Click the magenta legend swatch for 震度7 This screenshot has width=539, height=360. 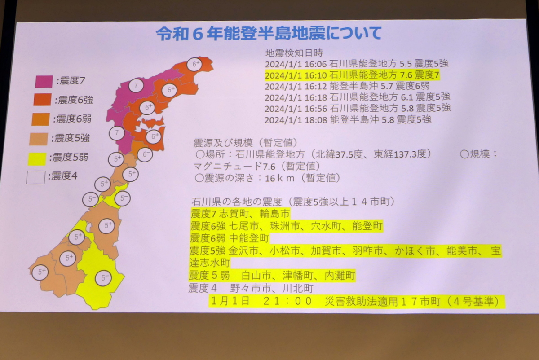pos(44,81)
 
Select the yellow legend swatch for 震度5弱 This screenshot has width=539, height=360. pos(37,159)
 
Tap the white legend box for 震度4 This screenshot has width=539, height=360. pos(35,177)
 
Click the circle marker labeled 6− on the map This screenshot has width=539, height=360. pos(145,154)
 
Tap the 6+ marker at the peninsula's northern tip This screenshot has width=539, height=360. pos(194,64)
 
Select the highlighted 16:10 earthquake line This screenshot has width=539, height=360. pos(352,75)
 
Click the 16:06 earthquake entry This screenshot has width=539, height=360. pos(356,64)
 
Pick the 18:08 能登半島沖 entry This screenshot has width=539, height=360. pos(348,120)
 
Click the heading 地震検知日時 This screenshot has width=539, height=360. pos(294,53)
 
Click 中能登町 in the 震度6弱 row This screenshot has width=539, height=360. pos(249,238)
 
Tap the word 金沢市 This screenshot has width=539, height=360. pos(243,250)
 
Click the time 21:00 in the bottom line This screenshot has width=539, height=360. pos(287,301)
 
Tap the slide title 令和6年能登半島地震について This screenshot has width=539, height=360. pos(269,33)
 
